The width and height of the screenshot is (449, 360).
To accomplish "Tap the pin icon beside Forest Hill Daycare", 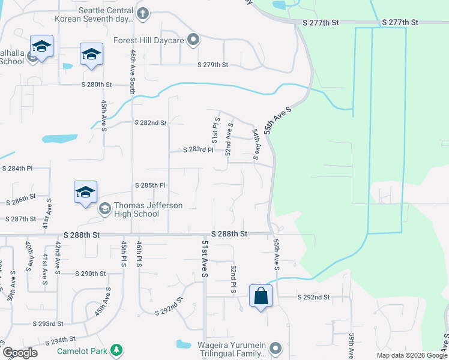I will coord(193,40).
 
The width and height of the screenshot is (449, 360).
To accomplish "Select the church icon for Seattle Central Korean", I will coord(143,13).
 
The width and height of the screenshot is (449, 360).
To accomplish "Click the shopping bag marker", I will coord(261,296).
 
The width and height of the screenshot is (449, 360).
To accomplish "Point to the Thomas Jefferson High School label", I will coord(137,209).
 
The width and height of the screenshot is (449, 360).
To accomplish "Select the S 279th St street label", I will coord(213,65).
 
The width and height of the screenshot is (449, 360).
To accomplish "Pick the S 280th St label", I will coord(97,85).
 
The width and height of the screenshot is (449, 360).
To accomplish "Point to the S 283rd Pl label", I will coord(198,149).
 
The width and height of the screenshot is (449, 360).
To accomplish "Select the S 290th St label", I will coord(91,274).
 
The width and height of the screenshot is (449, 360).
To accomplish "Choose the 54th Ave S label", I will coord(256,143).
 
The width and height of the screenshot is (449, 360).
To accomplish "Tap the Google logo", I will coord(20,353).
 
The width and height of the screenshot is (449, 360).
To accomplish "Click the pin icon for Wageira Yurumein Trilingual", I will coord(275,348).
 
